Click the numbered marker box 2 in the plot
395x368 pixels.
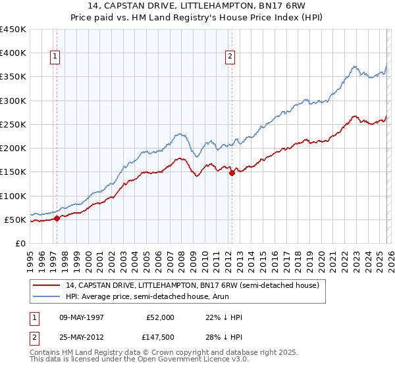230,57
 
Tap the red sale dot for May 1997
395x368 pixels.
57,218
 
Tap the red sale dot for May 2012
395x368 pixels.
232,173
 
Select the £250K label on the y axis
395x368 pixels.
13,124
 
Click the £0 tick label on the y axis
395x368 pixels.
20,243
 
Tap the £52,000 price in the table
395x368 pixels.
161,317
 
